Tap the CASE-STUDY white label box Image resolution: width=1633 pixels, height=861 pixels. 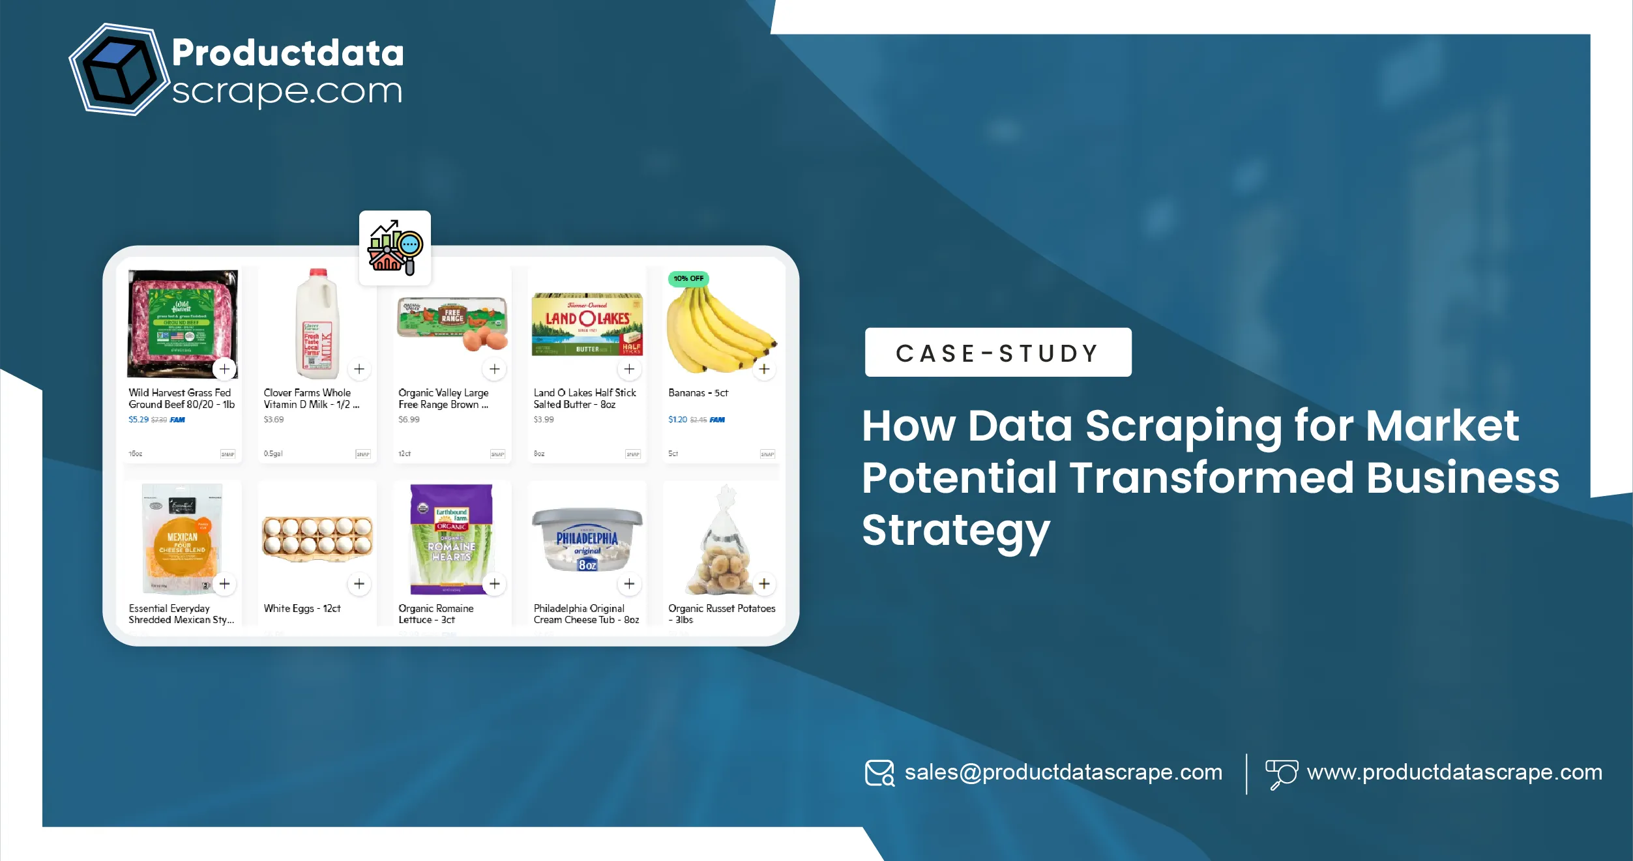tap(997, 353)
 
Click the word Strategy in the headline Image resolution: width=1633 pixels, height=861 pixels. tap(956, 531)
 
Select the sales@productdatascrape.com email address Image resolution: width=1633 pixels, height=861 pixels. tap(1063, 772)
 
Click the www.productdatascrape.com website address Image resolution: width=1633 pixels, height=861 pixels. tap(1454, 772)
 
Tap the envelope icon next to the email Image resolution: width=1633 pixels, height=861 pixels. tap(879, 773)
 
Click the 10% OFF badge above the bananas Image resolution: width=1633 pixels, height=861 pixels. tap(688, 278)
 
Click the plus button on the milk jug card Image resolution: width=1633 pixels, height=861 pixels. tap(359, 369)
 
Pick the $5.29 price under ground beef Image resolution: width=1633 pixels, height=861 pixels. tap(138, 420)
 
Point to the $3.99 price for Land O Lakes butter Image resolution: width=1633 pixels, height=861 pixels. tap(544, 420)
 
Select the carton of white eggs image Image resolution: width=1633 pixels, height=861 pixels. tap(317, 538)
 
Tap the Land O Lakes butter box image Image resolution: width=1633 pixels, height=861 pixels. tap(587, 324)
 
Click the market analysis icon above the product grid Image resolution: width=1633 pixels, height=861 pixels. tap(395, 248)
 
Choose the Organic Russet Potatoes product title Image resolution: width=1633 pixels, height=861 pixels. tap(721, 613)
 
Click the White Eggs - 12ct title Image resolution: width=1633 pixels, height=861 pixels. tap(302, 608)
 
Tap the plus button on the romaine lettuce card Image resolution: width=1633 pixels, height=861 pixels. tap(495, 583)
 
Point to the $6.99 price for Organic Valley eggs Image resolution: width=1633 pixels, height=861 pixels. tap(409, 420)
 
